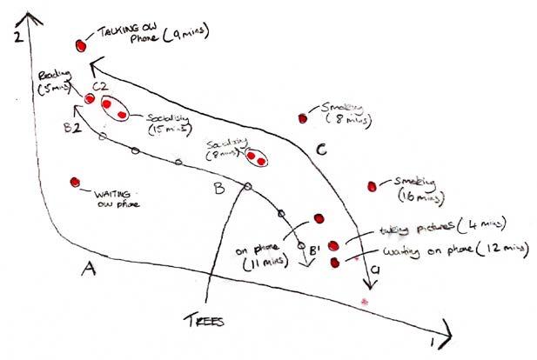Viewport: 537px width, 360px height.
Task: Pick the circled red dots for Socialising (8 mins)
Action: [x=257, y=158]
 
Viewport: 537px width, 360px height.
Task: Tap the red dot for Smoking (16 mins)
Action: [x=373, y=185]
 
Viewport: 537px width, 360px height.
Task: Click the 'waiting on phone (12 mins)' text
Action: [x=453, y=251]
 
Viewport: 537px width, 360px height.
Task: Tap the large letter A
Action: [x=87, y=269]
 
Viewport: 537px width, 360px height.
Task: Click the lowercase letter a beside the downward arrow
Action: [x=376, y=270]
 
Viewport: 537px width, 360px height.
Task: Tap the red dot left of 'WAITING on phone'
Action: [x=75, y=182]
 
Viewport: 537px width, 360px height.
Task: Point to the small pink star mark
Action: [x=366, y=300]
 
